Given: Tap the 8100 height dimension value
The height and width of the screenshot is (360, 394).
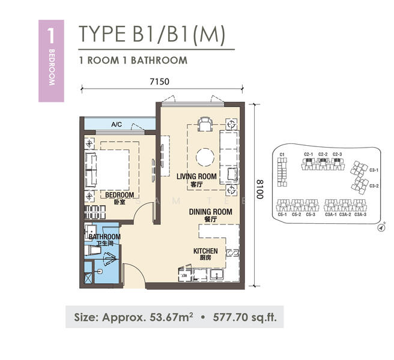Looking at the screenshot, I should pos(259,190).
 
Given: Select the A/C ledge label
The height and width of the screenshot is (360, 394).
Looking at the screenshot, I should pos(117,125).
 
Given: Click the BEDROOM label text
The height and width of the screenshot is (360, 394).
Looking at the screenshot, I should pos(120,195).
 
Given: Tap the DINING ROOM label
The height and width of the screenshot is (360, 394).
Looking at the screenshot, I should pos(210,212).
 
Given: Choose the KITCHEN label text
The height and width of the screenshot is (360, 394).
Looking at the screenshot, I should pos(205,251).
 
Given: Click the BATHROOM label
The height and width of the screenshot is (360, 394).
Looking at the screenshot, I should pos(105,237).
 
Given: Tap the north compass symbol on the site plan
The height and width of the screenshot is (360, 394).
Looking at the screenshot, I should pos(380,228).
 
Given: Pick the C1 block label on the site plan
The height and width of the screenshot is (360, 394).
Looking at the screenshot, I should pos(282,155).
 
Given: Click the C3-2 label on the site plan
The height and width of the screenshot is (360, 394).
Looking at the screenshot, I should pos(373,185).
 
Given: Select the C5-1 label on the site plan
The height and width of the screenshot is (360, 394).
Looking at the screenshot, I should pos(282,214).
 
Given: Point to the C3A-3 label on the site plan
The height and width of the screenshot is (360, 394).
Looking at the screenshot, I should pos(360,214).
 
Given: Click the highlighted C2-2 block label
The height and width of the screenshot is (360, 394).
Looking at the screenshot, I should pos(323,155).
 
